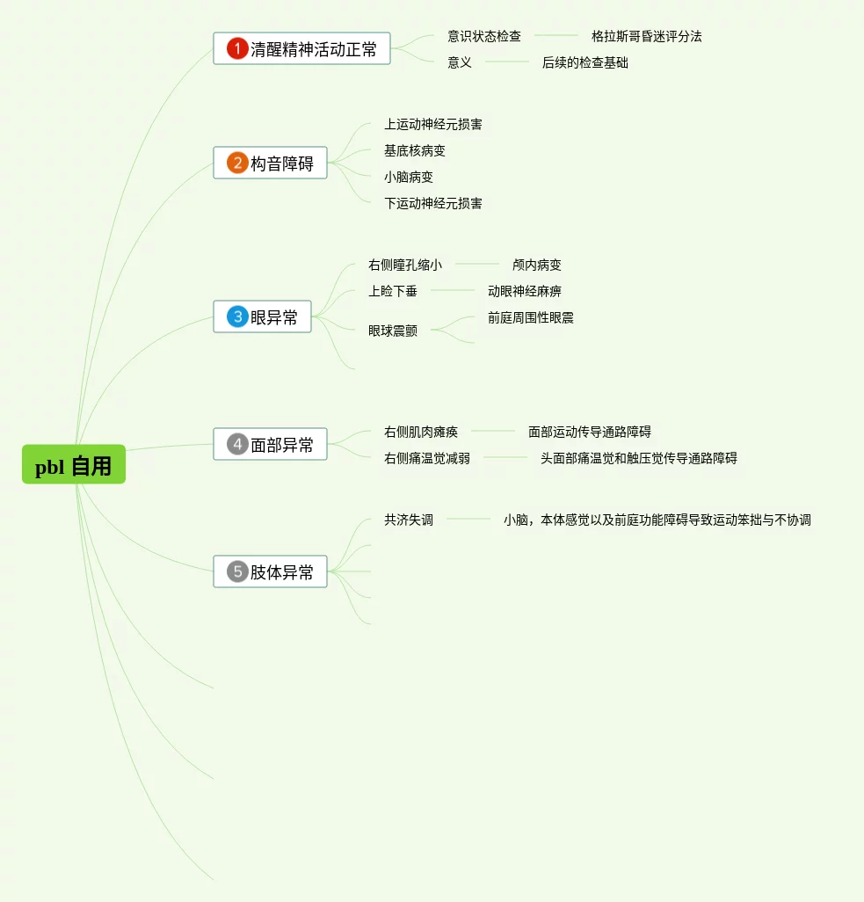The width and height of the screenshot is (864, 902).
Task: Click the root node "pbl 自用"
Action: (x=74, y=464)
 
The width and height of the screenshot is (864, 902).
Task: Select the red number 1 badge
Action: (x=236, y=48)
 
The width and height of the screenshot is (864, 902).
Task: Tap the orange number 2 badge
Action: (x=236, y=163)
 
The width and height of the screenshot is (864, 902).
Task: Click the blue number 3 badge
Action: (x=236, y=316)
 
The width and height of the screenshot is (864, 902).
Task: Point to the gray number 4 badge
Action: (x=236, y=444)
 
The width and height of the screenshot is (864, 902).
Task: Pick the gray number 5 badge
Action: (x=236, y=571)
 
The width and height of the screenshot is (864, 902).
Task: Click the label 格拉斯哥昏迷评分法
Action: (x=646, y=36)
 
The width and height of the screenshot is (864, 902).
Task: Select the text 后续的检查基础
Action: (x=584, y=62)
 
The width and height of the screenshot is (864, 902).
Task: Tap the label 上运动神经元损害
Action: (x=432, y=124)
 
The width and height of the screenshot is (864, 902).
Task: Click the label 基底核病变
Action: (x=414, y=150)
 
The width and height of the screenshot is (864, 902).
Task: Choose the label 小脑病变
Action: (x=408, y=177)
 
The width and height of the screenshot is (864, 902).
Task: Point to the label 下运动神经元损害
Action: (x=432, y=203)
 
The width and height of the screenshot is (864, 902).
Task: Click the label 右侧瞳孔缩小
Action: (x=404, y=265)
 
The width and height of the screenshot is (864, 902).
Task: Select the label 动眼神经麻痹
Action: (x=524, y=291)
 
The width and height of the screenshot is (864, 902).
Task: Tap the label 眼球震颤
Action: (x=392, y=331)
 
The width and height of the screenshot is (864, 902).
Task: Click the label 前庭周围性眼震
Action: (x=530, y=317)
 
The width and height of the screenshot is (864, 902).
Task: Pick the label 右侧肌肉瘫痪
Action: (x=420, y=432)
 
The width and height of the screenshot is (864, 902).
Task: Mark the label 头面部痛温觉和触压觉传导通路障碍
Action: (x=638, y=458)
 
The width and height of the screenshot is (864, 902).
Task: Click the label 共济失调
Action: (x=408, y=520)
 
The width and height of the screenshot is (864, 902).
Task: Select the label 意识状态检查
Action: (x=483, y=36)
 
